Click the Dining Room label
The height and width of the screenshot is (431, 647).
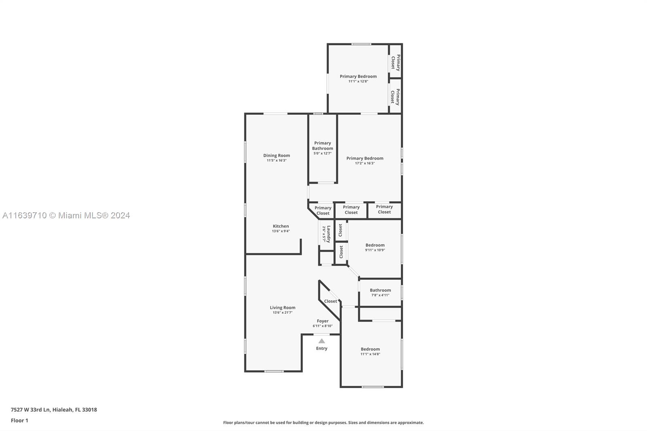[277, 155]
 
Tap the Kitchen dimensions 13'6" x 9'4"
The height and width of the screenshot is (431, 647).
[281, 231]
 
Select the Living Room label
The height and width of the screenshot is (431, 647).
[283, 308]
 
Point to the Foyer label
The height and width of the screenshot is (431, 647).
[323, 321]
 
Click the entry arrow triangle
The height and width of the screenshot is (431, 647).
[321, 341]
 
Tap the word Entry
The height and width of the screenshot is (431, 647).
[321, 349]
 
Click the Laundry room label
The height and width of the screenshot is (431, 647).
[328, 234]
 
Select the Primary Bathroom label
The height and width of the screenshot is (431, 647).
[322, 146]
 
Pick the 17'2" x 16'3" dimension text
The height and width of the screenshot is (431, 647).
[365, 163]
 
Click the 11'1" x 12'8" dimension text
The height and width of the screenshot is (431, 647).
[358, 81]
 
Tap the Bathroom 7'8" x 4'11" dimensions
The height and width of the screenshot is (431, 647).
[380, 295]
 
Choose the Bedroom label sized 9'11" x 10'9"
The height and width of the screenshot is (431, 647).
[375, 245]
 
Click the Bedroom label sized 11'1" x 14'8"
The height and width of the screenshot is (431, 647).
[370, 349]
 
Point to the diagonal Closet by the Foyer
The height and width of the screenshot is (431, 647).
[330, 301]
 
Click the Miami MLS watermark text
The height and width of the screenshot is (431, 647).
[66, 215]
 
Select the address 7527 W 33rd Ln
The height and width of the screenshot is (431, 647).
[30, 410]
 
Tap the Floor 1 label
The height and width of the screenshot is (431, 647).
[19, 420]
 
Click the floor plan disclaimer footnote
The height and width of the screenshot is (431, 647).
[323, 423]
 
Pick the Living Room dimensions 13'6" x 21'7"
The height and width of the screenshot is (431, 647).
[283, 313]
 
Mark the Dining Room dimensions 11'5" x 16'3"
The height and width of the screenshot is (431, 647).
[277, 161]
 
